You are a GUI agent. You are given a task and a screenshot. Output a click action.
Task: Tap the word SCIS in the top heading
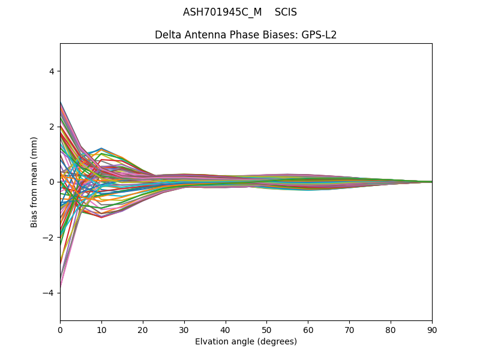pyautogui.click(x=286, y=12)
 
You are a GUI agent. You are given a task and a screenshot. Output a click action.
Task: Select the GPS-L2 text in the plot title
pyautogui.click(x=319, y=35)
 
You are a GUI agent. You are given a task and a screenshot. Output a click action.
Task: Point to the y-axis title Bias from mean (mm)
pyautogui.click(x=35, y=182)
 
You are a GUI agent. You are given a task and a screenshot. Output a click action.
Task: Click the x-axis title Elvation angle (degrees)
pyautogui.click(x=246, y=342)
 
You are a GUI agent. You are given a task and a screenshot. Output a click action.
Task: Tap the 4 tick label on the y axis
pyautogui.click(x=52, y=71)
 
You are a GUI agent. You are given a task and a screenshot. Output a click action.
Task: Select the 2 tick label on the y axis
pyautogui.click(x=52, y=127)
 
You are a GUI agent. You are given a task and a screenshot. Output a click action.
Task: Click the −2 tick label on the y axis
pyautogui.click(x=49, y=237)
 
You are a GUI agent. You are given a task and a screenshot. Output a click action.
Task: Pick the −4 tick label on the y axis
pyautogui.click(x=49, y=293)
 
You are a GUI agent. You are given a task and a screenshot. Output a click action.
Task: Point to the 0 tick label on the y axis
pyautogui.click(x=52, y=182)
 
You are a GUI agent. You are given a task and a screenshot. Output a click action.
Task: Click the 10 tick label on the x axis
pyautogui.click(x=101, y=329)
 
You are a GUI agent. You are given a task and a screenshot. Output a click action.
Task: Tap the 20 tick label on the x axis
pyautogui.click(x=143, y=329)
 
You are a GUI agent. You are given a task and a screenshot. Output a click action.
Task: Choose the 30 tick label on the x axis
pyautogui.click(x=184, y=329)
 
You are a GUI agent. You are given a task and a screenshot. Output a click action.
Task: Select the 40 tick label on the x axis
pyautogui.click(x=226, y=329)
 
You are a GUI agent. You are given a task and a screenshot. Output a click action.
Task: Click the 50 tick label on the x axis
pyautogui.click(x=266, y=329)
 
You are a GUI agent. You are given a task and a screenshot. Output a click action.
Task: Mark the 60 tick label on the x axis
pyautogui.click(x=308, y=329)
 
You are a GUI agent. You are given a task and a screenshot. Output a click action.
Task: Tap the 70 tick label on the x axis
pyautogui.click(x=349, y=329)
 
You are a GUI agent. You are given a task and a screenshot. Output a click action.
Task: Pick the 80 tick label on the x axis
pyautogui.click(x=391, y=329)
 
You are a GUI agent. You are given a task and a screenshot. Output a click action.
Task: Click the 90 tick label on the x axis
pyautogui.click(x=432, y=329)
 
